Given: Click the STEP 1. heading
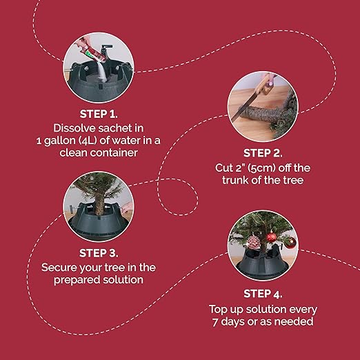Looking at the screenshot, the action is click(99, 114).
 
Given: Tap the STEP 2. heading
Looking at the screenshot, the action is click(263, 153).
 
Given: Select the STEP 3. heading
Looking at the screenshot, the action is click(99, 253).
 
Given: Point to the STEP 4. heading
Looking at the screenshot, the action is click(263, 294).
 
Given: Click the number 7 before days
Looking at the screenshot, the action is click(215, 321).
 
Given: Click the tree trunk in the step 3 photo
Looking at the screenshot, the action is click(99, 203).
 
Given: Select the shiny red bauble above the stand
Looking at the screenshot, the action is click(272, 237).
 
